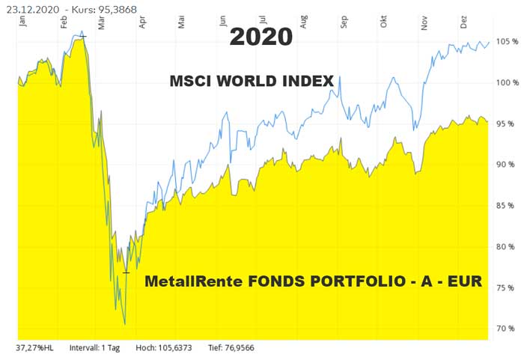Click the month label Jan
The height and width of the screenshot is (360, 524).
click(22, 22)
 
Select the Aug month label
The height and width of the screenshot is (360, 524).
click(303, 22)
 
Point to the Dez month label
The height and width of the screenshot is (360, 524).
click(464, 22)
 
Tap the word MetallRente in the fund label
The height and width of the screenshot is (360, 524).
click(186, 282)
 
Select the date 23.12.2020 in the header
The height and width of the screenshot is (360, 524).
click(32, 7)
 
